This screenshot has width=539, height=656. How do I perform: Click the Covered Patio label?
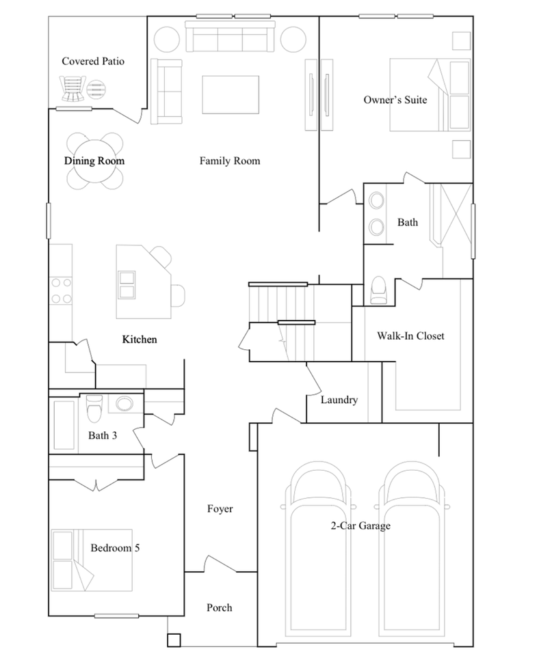point(93,61)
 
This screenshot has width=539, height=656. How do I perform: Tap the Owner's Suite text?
point(395,100)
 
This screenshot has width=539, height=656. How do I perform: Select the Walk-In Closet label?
point(410,336)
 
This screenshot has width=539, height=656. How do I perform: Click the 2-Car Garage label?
point(361,526)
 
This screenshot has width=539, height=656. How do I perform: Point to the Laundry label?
point(339,400)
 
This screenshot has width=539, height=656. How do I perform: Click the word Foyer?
point(220,509)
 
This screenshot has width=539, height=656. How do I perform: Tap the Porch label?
point(219,607)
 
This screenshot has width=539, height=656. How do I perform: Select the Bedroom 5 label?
point(116,548)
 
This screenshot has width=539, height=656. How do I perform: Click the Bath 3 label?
point(102,435)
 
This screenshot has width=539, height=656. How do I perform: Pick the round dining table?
point(95,161)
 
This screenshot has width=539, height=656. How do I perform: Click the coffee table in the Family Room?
point(231,94)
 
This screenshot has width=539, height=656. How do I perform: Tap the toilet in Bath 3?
point(94,409)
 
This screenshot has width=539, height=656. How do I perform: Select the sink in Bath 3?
point(125,403)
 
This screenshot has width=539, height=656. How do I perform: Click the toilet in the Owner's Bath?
point(377,292)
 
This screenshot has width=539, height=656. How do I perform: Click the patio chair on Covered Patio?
point(73,87)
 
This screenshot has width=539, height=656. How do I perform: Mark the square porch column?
point(174,640)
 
